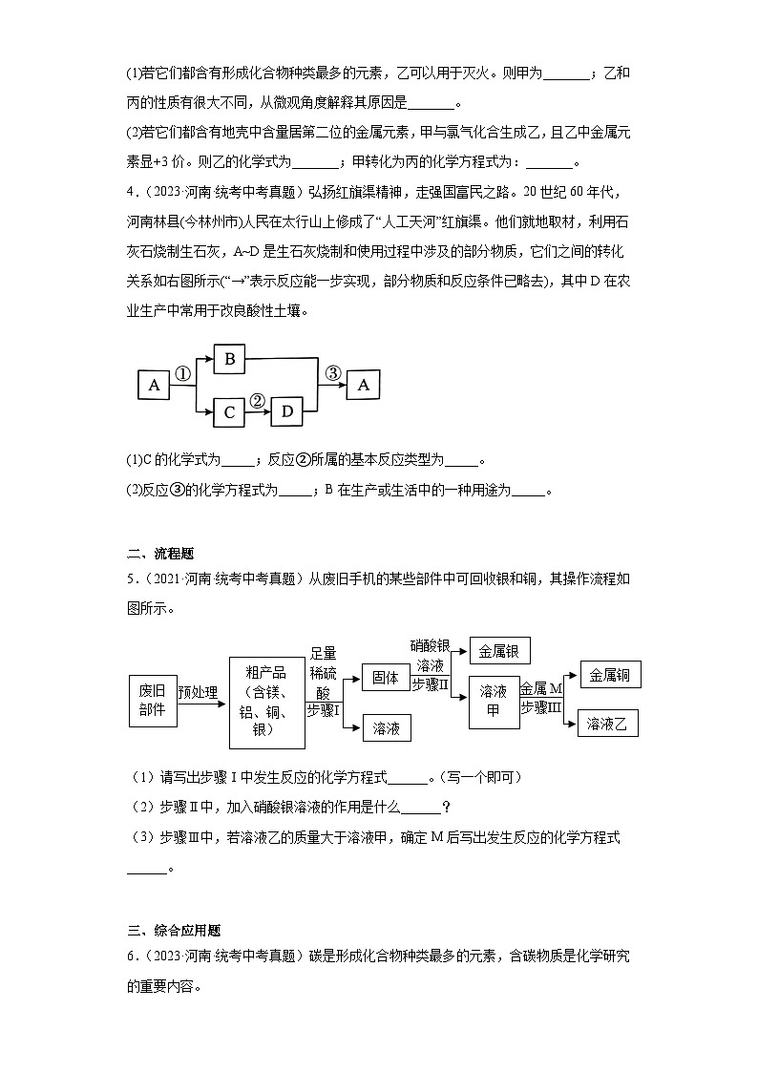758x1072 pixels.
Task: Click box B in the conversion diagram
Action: click(x=230, y=360)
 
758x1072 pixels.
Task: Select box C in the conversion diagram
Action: click(x=230, y=411)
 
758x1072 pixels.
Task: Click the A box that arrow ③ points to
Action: click(x=362, y=385)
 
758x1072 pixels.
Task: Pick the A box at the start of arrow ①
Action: click(x=154, y=385)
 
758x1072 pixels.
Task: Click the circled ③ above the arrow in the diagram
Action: click(x=332, y=373)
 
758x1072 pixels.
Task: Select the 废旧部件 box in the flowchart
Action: click(x=152, y=700)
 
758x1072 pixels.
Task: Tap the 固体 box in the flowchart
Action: click(x=386, y=678)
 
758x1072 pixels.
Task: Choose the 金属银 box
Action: click(x=499, y=651)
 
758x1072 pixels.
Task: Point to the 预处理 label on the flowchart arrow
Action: click(x=198, y=692)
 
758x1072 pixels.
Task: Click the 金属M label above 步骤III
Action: click(x=542, y=687)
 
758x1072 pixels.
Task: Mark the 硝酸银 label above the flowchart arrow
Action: click(x=430, y=646)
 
